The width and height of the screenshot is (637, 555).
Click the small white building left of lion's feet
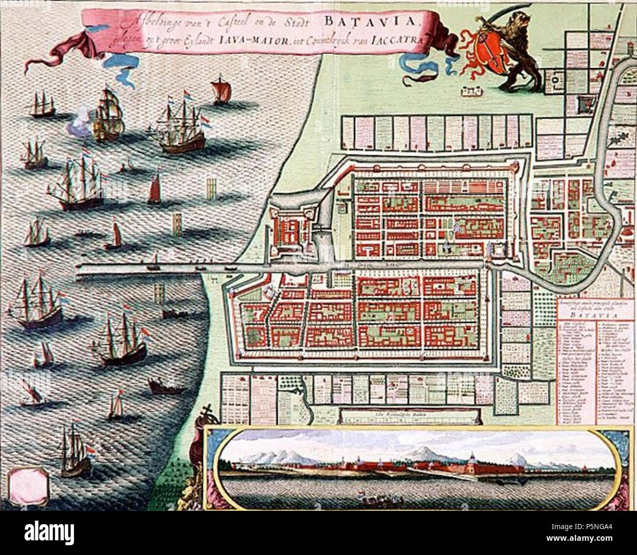(469, 90)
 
